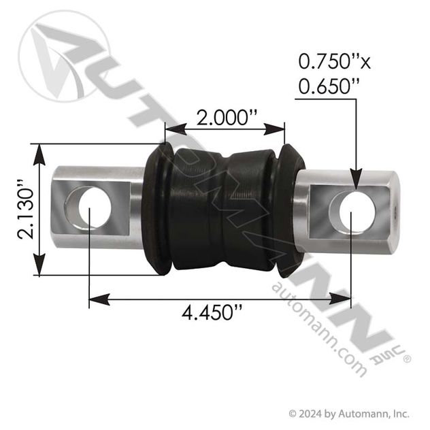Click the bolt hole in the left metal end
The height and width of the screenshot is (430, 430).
point(90,205)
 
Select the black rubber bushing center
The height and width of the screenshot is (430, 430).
point(223,211)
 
